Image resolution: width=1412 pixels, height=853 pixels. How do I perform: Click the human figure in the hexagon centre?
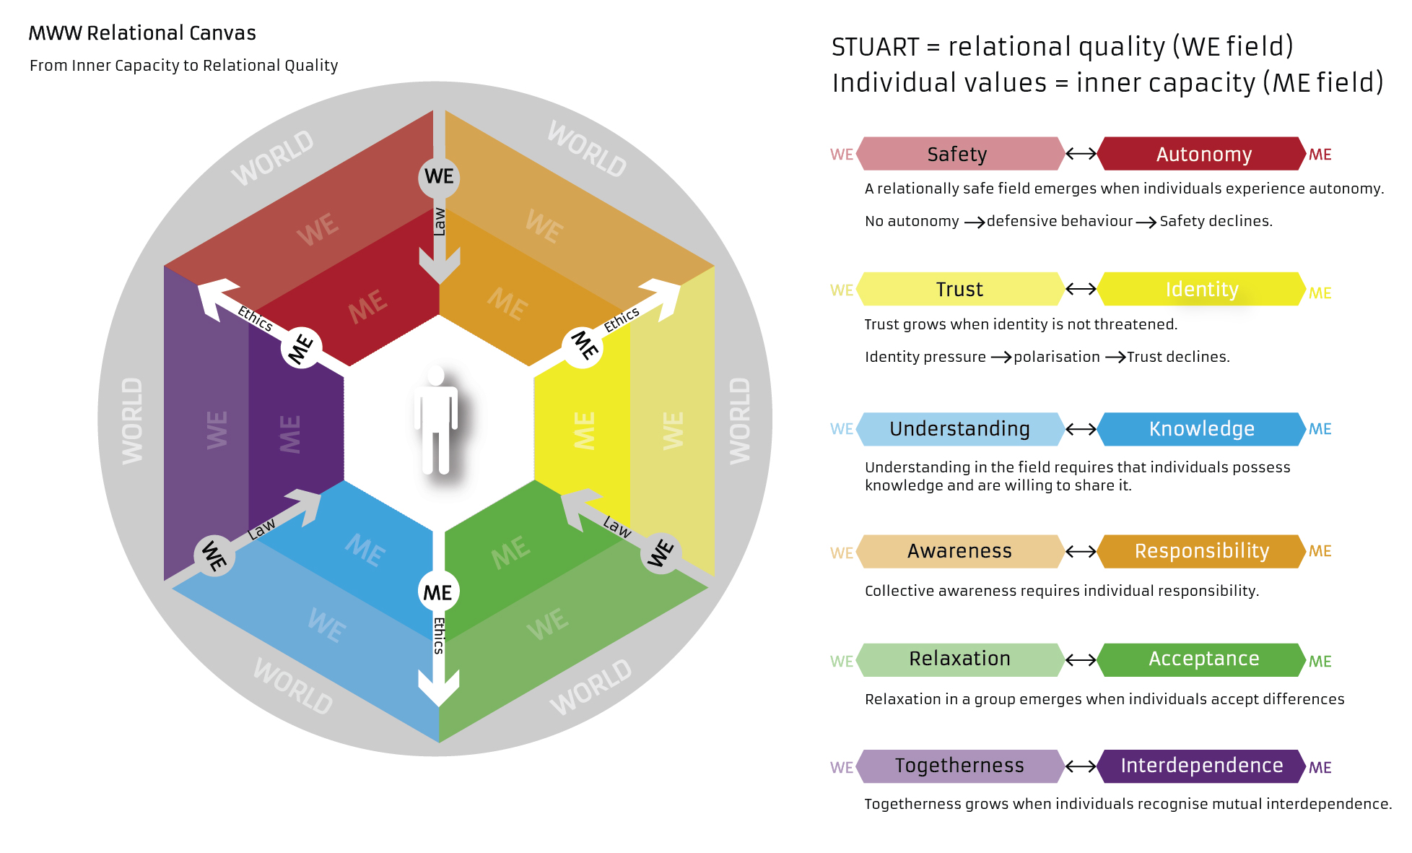[435, 420]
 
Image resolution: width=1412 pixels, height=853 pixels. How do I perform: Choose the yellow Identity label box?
[1201, 289]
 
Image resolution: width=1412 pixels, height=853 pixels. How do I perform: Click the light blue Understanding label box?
[959, 429]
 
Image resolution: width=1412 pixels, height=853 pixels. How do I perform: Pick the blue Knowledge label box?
[1201, 429]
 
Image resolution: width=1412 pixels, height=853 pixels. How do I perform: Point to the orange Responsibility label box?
[1201, 551]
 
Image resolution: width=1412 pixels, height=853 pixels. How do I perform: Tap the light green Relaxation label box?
[959, 659]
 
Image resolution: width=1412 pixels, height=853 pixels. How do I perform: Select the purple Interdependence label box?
[1201, 766]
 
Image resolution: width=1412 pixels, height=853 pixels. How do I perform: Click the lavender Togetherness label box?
[959, 766]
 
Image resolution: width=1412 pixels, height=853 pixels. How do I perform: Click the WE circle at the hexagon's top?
[439, 177]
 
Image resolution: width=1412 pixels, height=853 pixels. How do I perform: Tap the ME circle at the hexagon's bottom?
[438, 592]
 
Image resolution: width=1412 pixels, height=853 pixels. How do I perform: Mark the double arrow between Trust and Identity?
[1081, 289]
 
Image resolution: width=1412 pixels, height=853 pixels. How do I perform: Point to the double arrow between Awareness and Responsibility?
[1081, 551]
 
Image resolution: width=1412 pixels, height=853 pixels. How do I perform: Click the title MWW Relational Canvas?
[142, 33]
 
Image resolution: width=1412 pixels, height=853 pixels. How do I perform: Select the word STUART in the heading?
[875, 47]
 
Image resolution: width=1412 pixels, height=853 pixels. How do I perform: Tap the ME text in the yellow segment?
[584, 430]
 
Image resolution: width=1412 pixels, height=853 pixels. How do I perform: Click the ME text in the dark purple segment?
[289, 433]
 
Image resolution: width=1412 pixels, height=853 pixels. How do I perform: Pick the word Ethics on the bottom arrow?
[439, 636]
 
